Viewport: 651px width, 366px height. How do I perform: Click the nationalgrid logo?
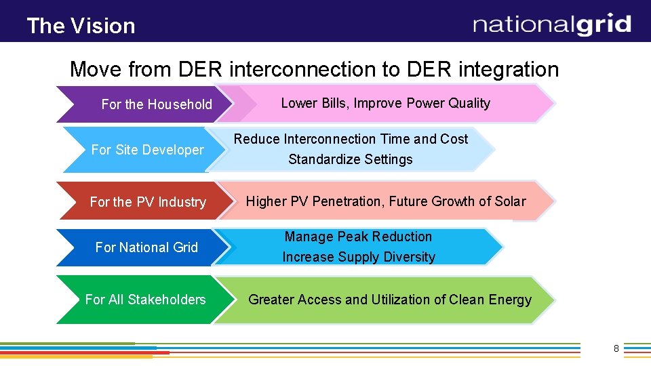(x=552, y=25)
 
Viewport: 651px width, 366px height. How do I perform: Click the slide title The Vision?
(x=81, y=26)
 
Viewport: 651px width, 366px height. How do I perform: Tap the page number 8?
(x=616, y=348)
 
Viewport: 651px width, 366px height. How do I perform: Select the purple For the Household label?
(x=157, y=104)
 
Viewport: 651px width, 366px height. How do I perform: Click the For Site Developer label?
(x=147, y=150)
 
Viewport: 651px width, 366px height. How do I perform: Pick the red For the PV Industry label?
(x=148, y=202)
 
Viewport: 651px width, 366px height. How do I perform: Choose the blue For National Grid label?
(x=146, y=247)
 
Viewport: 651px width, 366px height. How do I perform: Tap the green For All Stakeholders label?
(x=145, y=300)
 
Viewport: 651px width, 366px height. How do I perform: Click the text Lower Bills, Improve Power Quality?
(x=385, y=103)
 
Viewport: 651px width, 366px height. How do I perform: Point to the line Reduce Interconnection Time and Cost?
(x=351, y=139)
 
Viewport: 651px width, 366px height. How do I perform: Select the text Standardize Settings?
(x=351, y=160)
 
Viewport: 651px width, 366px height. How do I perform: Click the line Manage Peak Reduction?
(x=358, y=237)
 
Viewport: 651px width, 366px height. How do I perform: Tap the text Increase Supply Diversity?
(x=359, y=257)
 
